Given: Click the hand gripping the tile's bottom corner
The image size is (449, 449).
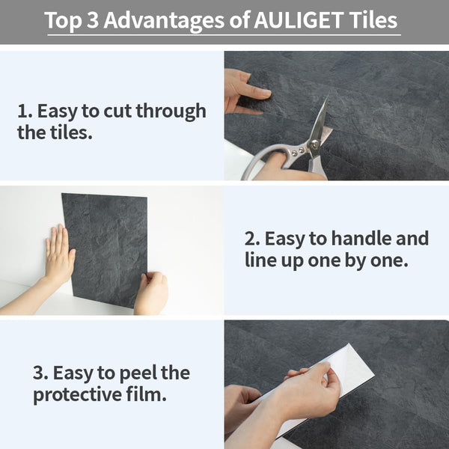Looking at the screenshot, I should click(152, 293).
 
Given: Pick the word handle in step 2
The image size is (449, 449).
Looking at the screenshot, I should click(353, 239).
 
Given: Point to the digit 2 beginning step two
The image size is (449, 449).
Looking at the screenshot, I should click(250, 239).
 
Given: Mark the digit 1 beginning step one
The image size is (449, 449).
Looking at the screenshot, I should click(22, 112).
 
